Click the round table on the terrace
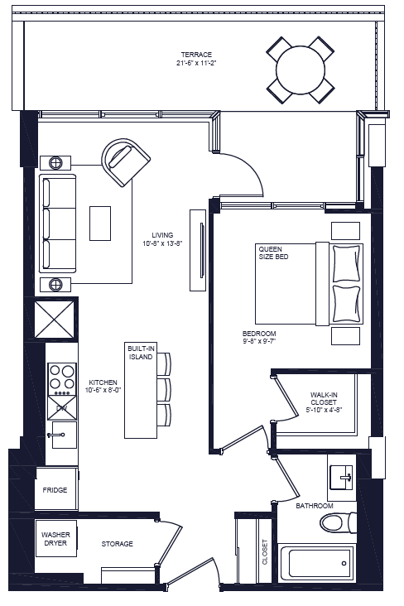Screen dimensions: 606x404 pos(301,69)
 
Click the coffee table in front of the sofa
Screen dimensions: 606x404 pos(100,223)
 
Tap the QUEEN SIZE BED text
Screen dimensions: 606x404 pos(273,252)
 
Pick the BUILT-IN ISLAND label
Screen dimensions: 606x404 pos(141,353)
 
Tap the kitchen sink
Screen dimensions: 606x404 pos(62,434)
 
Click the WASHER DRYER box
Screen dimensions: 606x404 pos(56,539)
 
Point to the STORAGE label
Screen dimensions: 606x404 pos(117,544)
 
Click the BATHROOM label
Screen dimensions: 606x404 pos(315,506)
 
